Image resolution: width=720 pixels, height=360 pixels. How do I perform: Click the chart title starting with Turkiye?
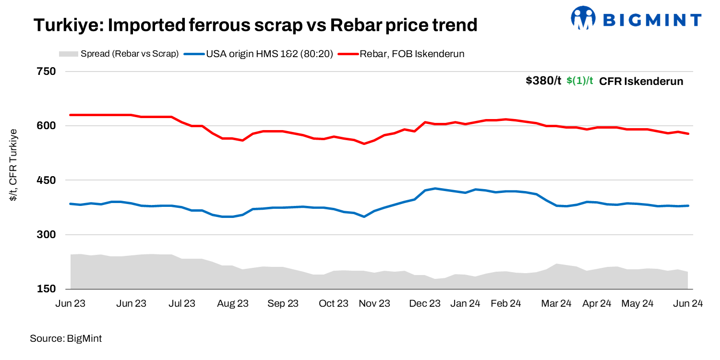(x=255, y=25)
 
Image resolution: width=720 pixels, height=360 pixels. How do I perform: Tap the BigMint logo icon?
(x=582, y=18)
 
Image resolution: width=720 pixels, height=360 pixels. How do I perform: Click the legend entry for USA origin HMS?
(x=262, y=54)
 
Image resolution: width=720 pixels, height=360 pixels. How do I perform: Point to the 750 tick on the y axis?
(x=47, y=72)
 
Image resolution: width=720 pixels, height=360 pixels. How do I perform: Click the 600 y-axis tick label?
(x=47, y=126)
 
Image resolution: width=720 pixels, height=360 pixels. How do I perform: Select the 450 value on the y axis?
(x=47, y=180)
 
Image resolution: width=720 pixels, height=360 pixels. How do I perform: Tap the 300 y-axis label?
(x=47, y=235)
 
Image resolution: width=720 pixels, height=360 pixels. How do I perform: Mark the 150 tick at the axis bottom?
(x=47, y=289)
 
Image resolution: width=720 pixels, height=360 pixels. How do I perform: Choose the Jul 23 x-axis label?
(x=182, y=304)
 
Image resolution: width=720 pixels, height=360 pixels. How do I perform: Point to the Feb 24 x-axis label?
(x=507, y=304)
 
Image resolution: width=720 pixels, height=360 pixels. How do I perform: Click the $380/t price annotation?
(x=543, y=81)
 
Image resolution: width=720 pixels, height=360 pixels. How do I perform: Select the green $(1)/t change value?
(x=580, y=81)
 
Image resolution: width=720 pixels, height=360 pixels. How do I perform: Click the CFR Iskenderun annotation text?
(x=641, y=81)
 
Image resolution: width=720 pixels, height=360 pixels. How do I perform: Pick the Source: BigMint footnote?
(x=66, y=338)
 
